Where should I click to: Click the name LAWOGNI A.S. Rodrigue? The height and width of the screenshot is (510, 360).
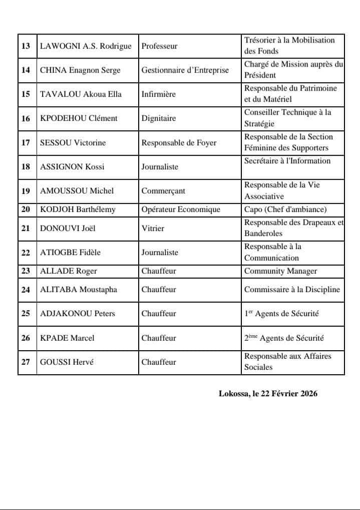coord(86,46)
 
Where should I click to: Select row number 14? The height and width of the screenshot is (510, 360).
coord(26,70)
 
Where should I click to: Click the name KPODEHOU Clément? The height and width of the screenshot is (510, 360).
coord(79,118)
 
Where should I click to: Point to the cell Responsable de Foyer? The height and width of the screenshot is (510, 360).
coord(179,143)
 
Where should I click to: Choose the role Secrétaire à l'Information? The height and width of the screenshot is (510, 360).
coord(287,161)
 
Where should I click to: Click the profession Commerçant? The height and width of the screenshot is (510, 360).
coord(163,191)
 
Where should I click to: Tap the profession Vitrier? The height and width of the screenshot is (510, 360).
coord(153,228)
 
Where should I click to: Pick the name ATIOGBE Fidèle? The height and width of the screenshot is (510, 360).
coord(70,252)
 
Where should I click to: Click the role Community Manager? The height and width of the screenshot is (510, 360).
coord(280,271)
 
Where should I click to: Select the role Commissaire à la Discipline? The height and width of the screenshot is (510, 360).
coord(292,289)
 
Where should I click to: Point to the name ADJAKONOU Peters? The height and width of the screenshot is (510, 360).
coord(78,314)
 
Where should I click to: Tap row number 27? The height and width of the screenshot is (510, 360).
coord(26,362)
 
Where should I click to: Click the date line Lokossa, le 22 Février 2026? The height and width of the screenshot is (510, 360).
coord(268,394)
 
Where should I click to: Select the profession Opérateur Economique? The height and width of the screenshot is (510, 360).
coord(181,209)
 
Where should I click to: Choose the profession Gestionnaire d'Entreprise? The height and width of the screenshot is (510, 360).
coord(185,70)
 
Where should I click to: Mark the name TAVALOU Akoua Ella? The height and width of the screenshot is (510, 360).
coord(81,94)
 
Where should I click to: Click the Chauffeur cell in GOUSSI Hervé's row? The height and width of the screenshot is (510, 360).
coord(159,362)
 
